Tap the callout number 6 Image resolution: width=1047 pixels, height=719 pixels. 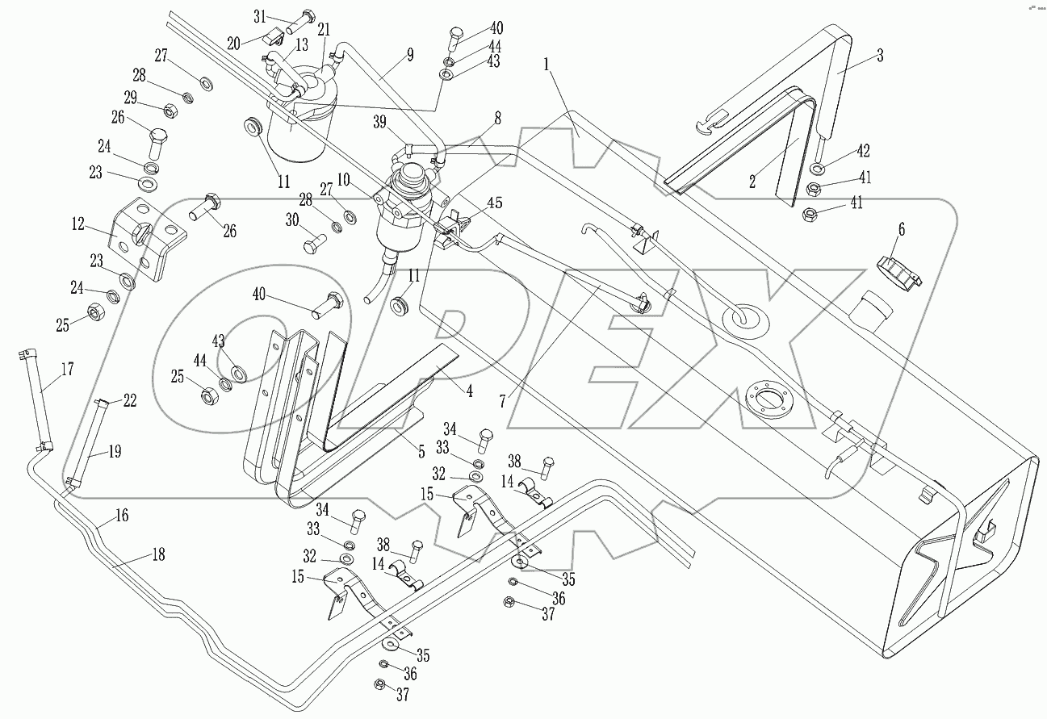(902, 229)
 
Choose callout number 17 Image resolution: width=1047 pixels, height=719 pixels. (67, 370)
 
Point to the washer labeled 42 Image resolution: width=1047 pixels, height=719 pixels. (815, 169)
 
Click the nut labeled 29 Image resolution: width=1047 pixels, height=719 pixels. (171, 110)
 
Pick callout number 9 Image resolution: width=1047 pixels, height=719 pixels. (409, 55)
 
